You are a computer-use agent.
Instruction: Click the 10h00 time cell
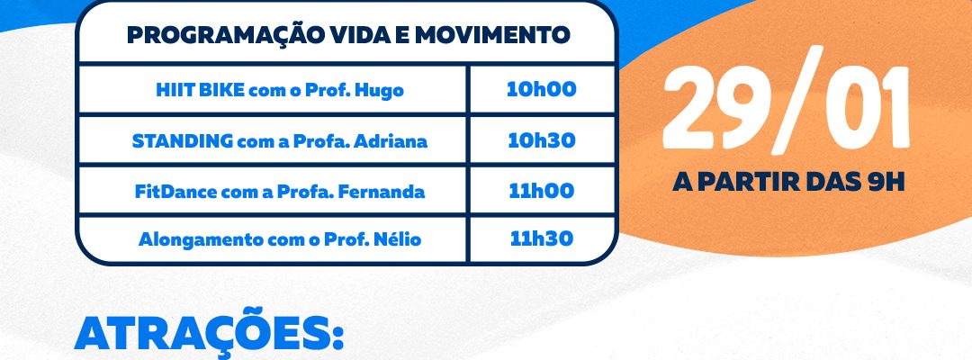point(541,90)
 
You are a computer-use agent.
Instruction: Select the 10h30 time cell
point(541,140)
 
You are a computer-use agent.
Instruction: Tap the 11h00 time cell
point(541,191)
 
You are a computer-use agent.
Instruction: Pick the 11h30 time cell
point(541,239)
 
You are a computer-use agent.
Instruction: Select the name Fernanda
point(390,192)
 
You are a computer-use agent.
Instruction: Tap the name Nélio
point(398,239)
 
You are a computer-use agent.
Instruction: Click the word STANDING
point(182,141)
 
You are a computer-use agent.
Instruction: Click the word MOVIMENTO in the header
point(492,35)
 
